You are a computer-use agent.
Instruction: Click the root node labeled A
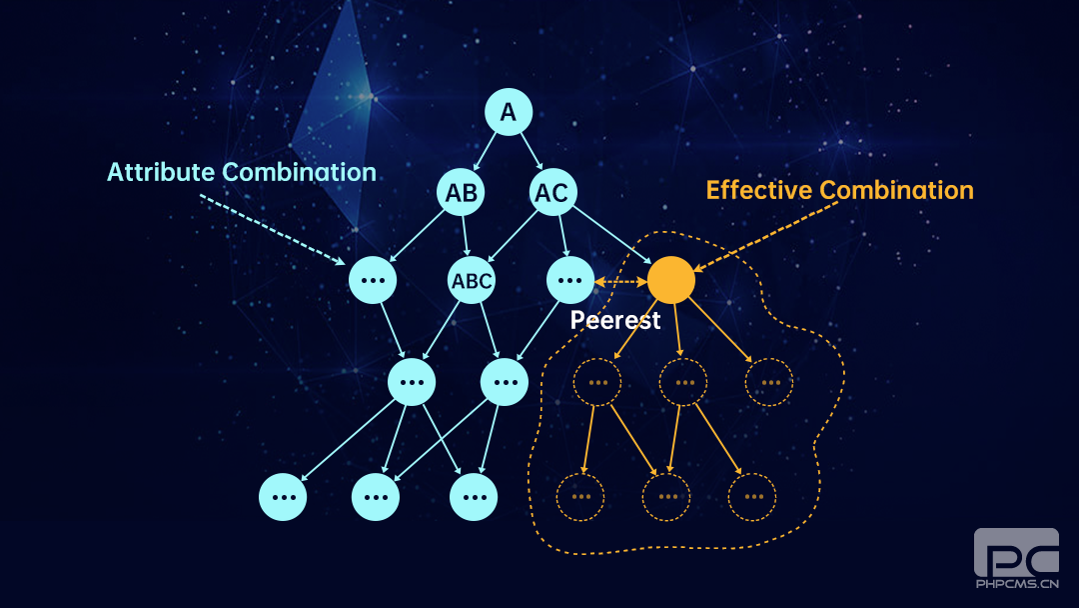[509, 113]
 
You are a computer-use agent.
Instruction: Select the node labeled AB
[461, 193]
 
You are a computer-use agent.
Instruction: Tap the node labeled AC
[552, 193]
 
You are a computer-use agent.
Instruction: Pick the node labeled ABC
[472, 281]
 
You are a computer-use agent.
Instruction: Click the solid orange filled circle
[670, 281]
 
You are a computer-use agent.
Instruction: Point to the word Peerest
[614, 321]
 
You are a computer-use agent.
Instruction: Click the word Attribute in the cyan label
[161, 172]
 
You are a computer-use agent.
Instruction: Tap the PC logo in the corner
[1015, 553]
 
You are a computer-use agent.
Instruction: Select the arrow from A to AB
[486, 152]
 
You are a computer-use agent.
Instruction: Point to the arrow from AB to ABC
[466, 237]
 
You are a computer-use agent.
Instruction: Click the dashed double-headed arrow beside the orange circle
[620, 283]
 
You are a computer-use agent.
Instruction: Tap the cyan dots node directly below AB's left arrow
[373, 281]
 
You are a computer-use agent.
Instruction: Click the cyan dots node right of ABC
[570, 281]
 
